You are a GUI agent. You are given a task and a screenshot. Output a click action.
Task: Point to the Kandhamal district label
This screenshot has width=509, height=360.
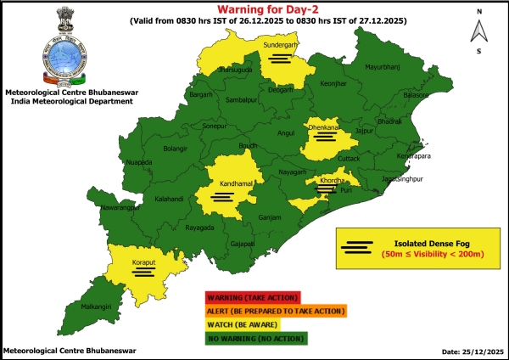click(x=221, y=183)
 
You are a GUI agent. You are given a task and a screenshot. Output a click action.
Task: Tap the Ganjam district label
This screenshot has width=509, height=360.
click(x=270, y=218)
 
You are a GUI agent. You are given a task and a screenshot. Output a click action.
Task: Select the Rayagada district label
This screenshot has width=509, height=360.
click(x=199, y=228)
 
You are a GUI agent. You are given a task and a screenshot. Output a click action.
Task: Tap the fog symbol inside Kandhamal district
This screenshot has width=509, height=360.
click(x=221, y=197)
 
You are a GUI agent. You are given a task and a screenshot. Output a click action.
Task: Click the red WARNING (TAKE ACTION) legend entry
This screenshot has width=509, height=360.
click(x=251, y=297)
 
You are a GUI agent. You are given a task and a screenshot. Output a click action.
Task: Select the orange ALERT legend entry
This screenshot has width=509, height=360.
click(x=274, y=311)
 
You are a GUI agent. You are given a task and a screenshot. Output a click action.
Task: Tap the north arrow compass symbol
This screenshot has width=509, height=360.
click(x=478, y=31)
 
